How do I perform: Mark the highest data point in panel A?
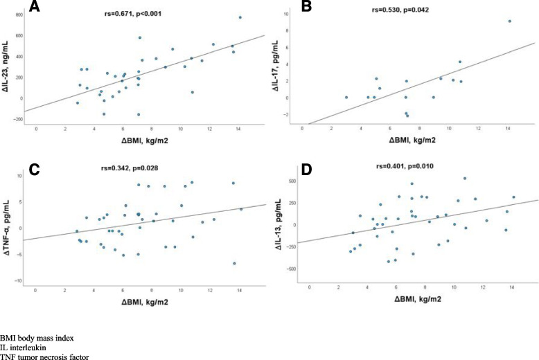coord(240,17)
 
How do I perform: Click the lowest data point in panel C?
coord(234,263)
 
